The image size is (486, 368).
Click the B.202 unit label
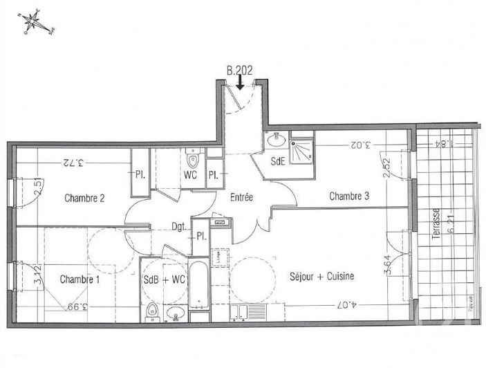239,69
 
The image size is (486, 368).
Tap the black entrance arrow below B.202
239,83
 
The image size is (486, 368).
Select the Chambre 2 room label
84,198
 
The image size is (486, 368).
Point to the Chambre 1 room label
80,279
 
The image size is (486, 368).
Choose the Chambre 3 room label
348,196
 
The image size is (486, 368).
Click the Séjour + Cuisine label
322,276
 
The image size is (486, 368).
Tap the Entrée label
241,197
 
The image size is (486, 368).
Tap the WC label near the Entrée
191,174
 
